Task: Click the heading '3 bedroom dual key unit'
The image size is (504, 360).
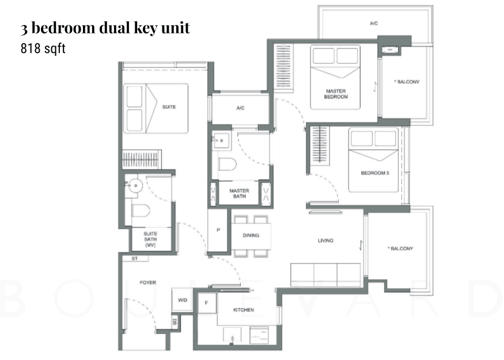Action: [x=105, y=28]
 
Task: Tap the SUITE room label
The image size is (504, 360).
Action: [x=169, y=107]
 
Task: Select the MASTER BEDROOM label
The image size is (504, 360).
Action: [x=336, y=94]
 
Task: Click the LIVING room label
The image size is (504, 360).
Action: [x=325, y=240]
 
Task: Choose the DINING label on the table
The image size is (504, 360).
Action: [x=251, y=235]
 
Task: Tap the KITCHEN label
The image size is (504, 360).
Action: [x=243, y=310]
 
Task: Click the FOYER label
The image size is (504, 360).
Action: [x=148, y=282]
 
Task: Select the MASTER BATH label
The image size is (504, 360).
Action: [x=238, y=193]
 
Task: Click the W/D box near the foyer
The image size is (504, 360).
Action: [x=183, y=300]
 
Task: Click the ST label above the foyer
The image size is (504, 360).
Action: [x=134, y=259]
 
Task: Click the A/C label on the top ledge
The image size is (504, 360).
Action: [x=373, y=24]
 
